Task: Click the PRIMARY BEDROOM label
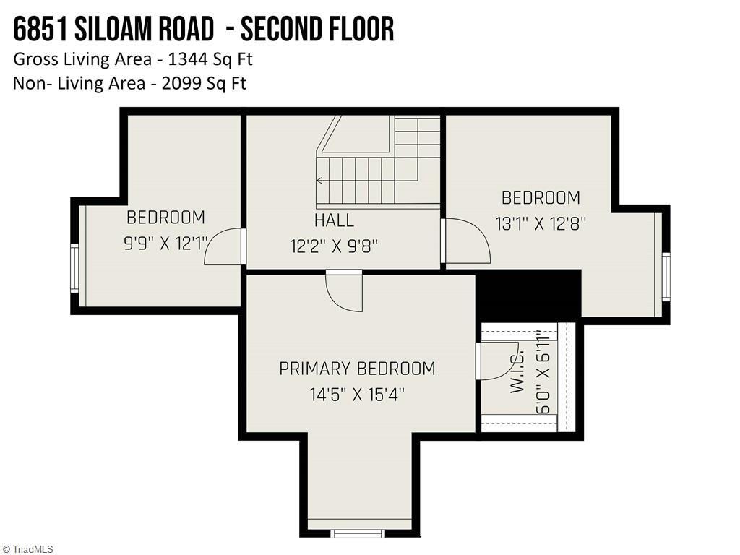[357, 369]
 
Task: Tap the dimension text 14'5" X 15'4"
[357, 395]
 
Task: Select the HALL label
[334, 220]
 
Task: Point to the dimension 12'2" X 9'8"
[334, 246]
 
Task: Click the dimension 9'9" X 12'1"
[165, 243]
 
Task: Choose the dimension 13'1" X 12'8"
[541, 223]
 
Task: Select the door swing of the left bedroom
[223, 247]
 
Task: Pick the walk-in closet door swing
[495, 361]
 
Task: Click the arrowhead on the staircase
[319, 180]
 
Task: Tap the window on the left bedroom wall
[74, 268]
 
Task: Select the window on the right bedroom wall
[666, 277]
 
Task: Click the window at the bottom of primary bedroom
[358, 533]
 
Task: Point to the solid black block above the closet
[528, 295]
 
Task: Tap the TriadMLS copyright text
[27, 549]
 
